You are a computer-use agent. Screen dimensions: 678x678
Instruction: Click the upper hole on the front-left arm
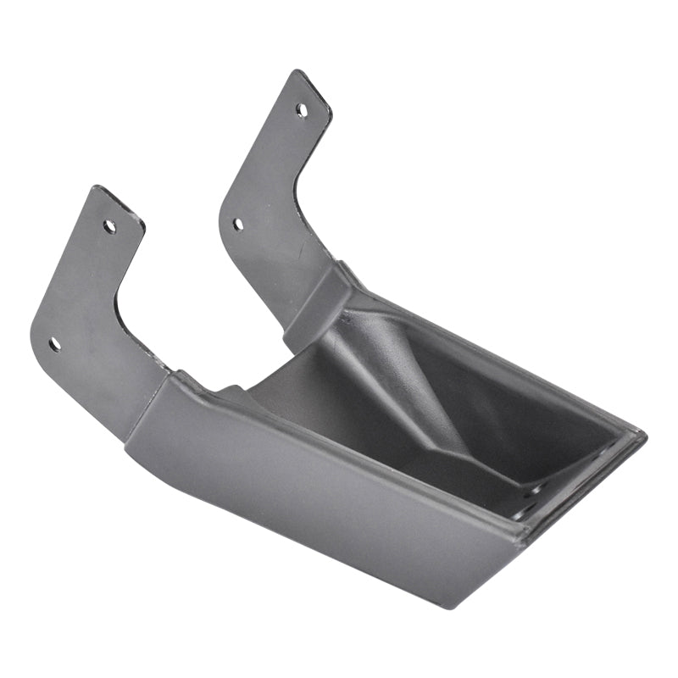coord(109,226)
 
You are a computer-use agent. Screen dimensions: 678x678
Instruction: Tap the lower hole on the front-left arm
coord(54,344)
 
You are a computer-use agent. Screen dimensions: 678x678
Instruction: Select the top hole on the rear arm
coord(302,109)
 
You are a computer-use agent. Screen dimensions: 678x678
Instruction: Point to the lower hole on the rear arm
coord(238,225)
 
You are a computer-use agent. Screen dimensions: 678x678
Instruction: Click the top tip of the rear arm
coord(298,75)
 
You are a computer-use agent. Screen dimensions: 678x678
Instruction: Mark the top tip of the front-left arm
coord(100,190)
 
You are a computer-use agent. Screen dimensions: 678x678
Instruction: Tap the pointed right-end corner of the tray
coord(642,436)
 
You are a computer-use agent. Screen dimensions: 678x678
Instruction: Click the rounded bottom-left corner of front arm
coord(38,335)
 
